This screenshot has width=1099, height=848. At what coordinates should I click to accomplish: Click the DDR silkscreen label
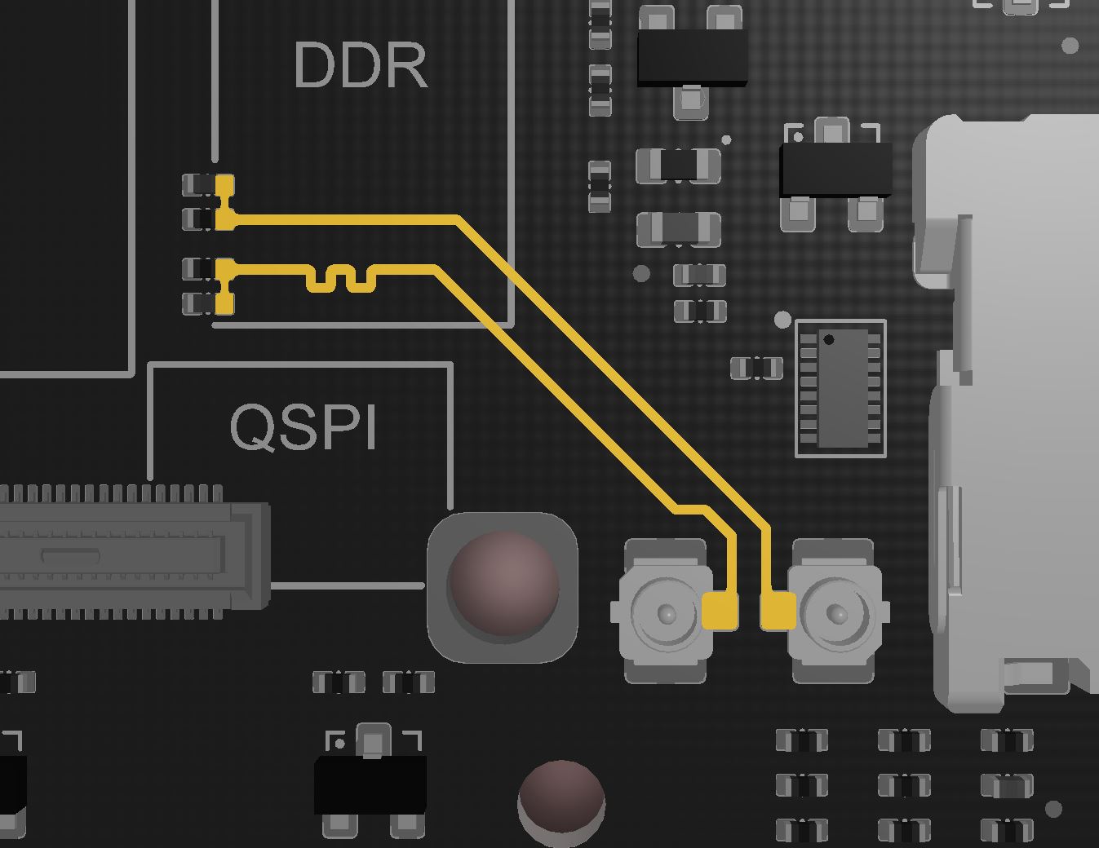(x=361, y=65)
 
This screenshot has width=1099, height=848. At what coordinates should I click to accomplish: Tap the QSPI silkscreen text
(x=304, y=427)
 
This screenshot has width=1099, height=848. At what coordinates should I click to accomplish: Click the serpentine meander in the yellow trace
(x=341, y=279)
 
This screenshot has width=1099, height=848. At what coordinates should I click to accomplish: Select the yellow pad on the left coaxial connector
(x=720, y=611)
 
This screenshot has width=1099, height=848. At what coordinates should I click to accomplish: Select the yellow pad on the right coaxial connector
(x=778, y=611)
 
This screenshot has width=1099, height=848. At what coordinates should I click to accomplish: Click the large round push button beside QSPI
(x=503, y=587)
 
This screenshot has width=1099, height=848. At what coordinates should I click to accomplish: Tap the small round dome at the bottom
(x=561, y=803)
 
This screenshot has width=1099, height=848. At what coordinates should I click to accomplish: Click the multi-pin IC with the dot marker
(x=841, y=388)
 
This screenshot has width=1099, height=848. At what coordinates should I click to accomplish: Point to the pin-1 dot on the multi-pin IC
(x=828, y=339)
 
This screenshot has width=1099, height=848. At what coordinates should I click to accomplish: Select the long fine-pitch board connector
(x=134, y=552)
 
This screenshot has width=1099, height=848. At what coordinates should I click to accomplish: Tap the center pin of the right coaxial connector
(x=836, y=613)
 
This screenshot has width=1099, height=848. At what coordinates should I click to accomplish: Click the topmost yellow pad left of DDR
(x=225, y=185)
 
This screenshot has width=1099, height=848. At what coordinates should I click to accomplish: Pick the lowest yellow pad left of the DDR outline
(x=225, y=303)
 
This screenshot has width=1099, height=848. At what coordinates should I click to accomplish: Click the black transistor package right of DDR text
(x=692, y=60)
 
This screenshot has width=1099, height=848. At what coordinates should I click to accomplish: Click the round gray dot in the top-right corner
(x=1070, y=46)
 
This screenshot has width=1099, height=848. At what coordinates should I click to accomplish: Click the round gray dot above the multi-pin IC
(x=783, y=320)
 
